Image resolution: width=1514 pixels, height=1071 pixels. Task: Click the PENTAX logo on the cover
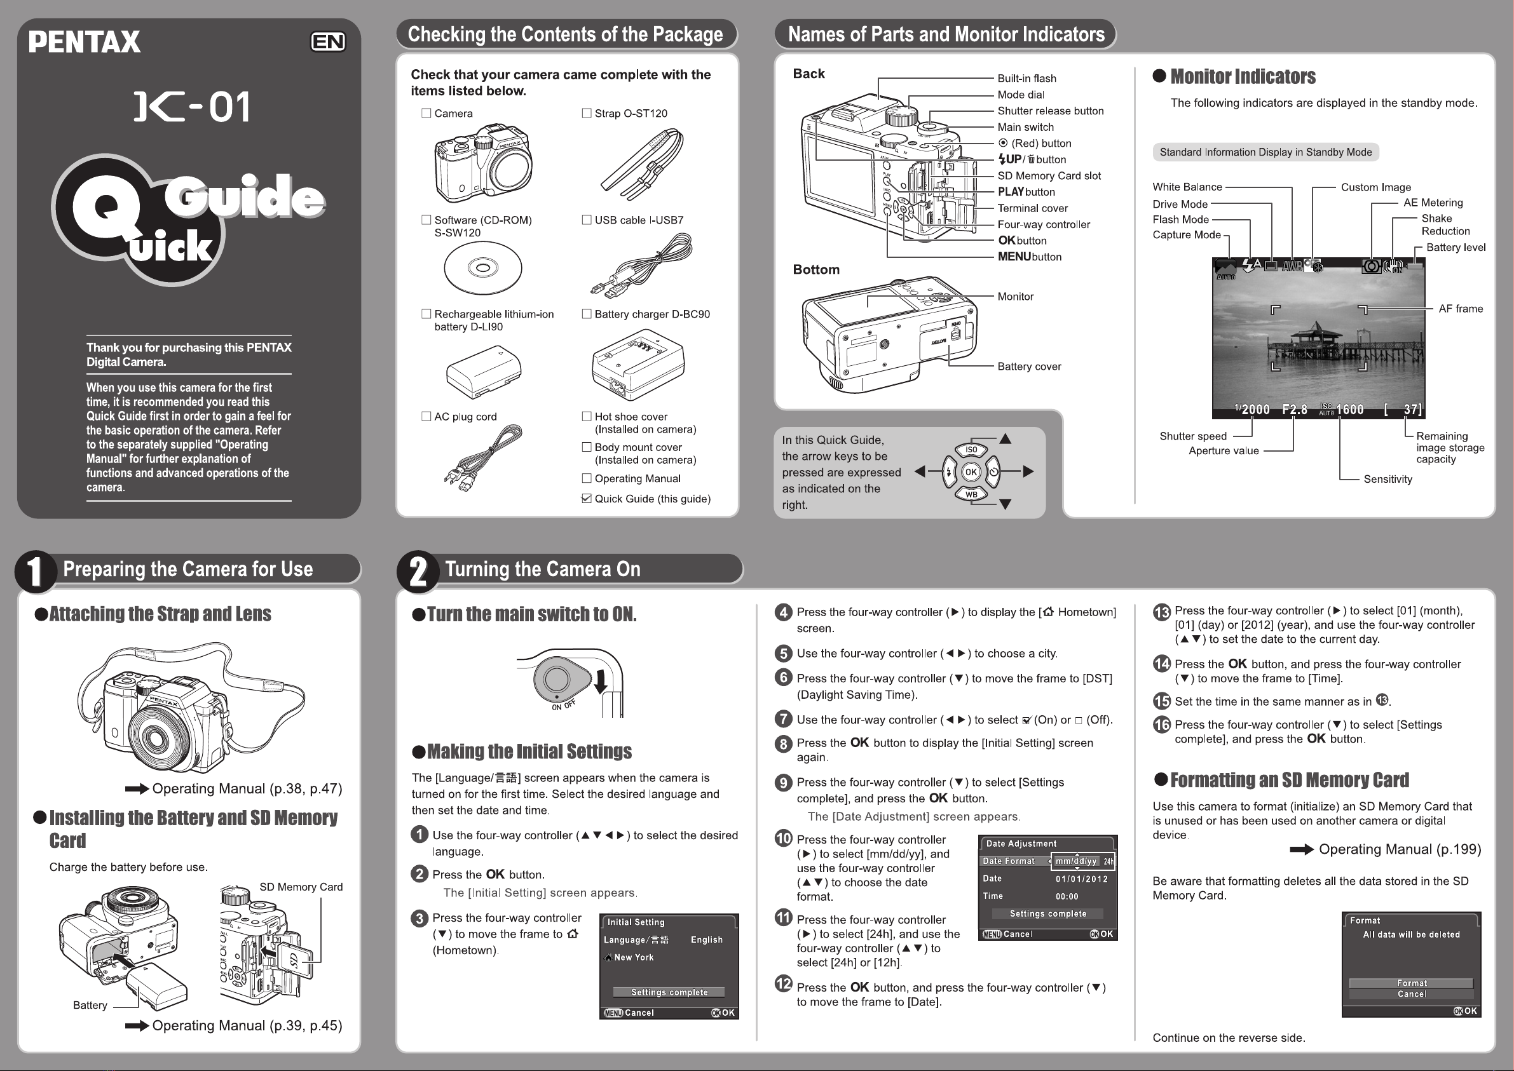(85, 42)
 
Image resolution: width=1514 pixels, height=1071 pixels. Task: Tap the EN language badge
(328, 42)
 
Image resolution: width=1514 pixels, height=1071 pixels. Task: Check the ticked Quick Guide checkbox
(587, 499)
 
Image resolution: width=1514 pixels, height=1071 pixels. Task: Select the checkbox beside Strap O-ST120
(587, 114)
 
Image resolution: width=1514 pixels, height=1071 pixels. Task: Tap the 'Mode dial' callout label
(1021, 95)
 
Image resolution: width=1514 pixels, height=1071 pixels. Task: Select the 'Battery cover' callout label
(1029, 367)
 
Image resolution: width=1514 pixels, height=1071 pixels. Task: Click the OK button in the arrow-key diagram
(971, 472)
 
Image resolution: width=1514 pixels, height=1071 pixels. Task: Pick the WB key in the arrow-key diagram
(971, 495)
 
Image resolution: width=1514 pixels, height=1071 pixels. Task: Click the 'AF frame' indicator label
(1461, 309)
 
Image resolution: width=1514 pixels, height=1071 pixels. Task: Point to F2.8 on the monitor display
(1294, 410)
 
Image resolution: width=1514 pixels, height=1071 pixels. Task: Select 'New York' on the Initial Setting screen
(633, 957)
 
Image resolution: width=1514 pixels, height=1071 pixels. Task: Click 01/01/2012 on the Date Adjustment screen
(1081, 879)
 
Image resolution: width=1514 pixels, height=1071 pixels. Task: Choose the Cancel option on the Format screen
(1411, 994)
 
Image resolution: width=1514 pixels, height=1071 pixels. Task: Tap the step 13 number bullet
(1161, 612)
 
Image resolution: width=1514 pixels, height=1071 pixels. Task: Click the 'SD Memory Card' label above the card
(301, 887)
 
